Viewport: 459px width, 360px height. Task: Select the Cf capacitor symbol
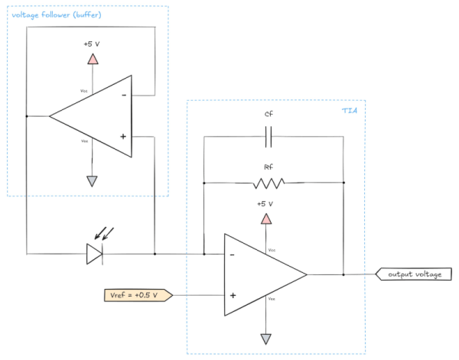(x=268, y=137)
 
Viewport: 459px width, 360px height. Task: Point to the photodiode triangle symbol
(x=94, y=254)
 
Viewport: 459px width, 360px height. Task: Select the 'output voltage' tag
(x=412, y=274)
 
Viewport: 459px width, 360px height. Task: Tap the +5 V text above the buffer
(x=92, y=44)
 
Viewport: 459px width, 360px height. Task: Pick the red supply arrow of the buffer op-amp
(x=92, y=59)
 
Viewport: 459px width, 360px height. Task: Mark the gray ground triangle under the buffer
(x=92, y=181)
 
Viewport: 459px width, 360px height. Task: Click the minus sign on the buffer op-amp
(x=123, y=96)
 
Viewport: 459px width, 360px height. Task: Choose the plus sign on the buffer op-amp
(x=123, y=137)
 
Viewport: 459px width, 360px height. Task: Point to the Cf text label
(x=268, y=114)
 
